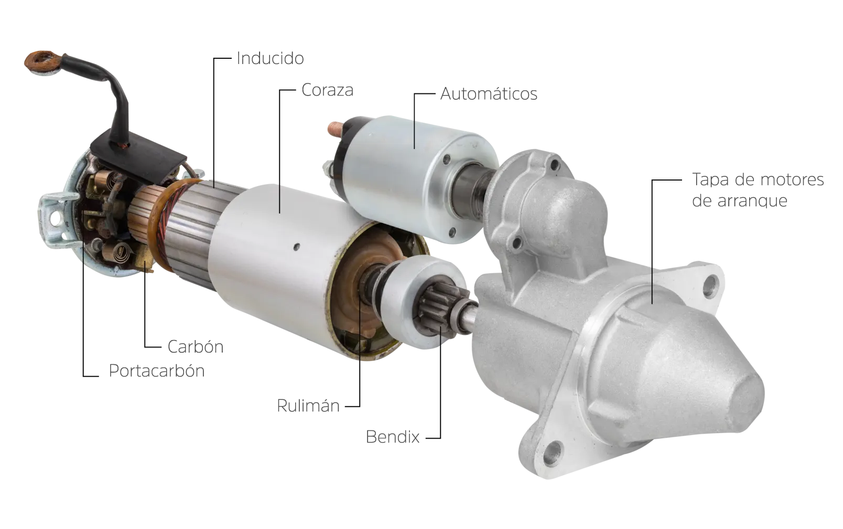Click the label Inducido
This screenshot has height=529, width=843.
pos(270,58)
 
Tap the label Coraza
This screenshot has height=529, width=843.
pos(328,90)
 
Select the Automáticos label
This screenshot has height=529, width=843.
pos(489,93)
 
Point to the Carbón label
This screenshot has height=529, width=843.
pos(196,347)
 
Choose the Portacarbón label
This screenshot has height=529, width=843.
pos(157,371)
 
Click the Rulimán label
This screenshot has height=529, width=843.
pos(308,406)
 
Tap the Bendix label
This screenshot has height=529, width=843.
pos(393,437)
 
